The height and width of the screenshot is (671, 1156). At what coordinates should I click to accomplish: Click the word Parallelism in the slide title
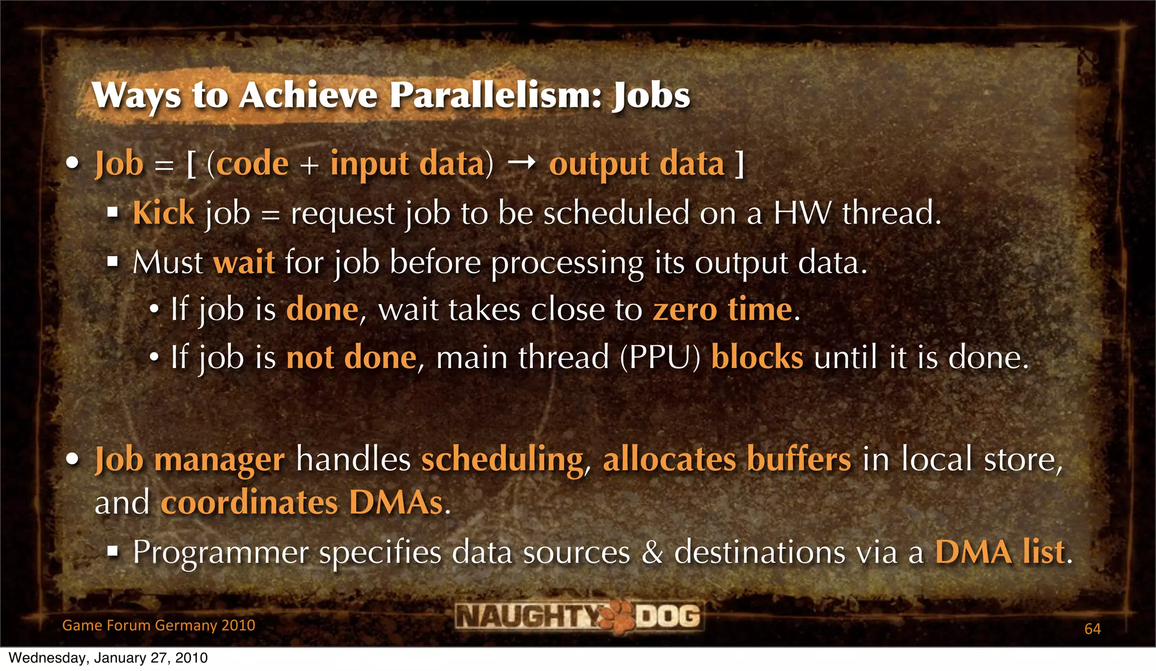[488, 95]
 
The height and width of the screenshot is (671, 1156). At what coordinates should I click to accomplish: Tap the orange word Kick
[164, 213]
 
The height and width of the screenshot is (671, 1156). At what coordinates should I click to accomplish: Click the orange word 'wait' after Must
[244, 262]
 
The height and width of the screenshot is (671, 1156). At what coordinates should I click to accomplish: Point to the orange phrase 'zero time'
[722, 309]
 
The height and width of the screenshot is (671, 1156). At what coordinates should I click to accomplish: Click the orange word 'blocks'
[757, 357]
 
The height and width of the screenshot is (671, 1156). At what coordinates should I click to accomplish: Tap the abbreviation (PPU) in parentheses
[660, 357]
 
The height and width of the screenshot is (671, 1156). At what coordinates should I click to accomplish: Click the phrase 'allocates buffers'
[727, 458]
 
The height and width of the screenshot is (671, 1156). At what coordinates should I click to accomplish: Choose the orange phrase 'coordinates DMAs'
[302, 502]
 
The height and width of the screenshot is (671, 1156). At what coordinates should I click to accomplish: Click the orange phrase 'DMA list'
[1000, 552]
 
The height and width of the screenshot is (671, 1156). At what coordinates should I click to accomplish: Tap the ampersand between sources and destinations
[652, 552]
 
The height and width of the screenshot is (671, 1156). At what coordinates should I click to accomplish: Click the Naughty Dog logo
[579, 616]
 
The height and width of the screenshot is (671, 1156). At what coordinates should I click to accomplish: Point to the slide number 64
[1092, 629]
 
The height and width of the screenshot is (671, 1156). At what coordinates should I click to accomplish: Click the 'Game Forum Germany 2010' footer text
[159, 625]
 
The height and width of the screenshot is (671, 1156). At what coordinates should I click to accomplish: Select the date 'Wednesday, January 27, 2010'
[108, 658]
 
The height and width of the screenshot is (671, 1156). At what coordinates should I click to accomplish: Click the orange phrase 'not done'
[351, 357]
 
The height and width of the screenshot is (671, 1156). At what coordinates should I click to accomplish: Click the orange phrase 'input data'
[408, 164]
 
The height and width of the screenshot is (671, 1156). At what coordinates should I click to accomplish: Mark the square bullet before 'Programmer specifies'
[113, 550]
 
